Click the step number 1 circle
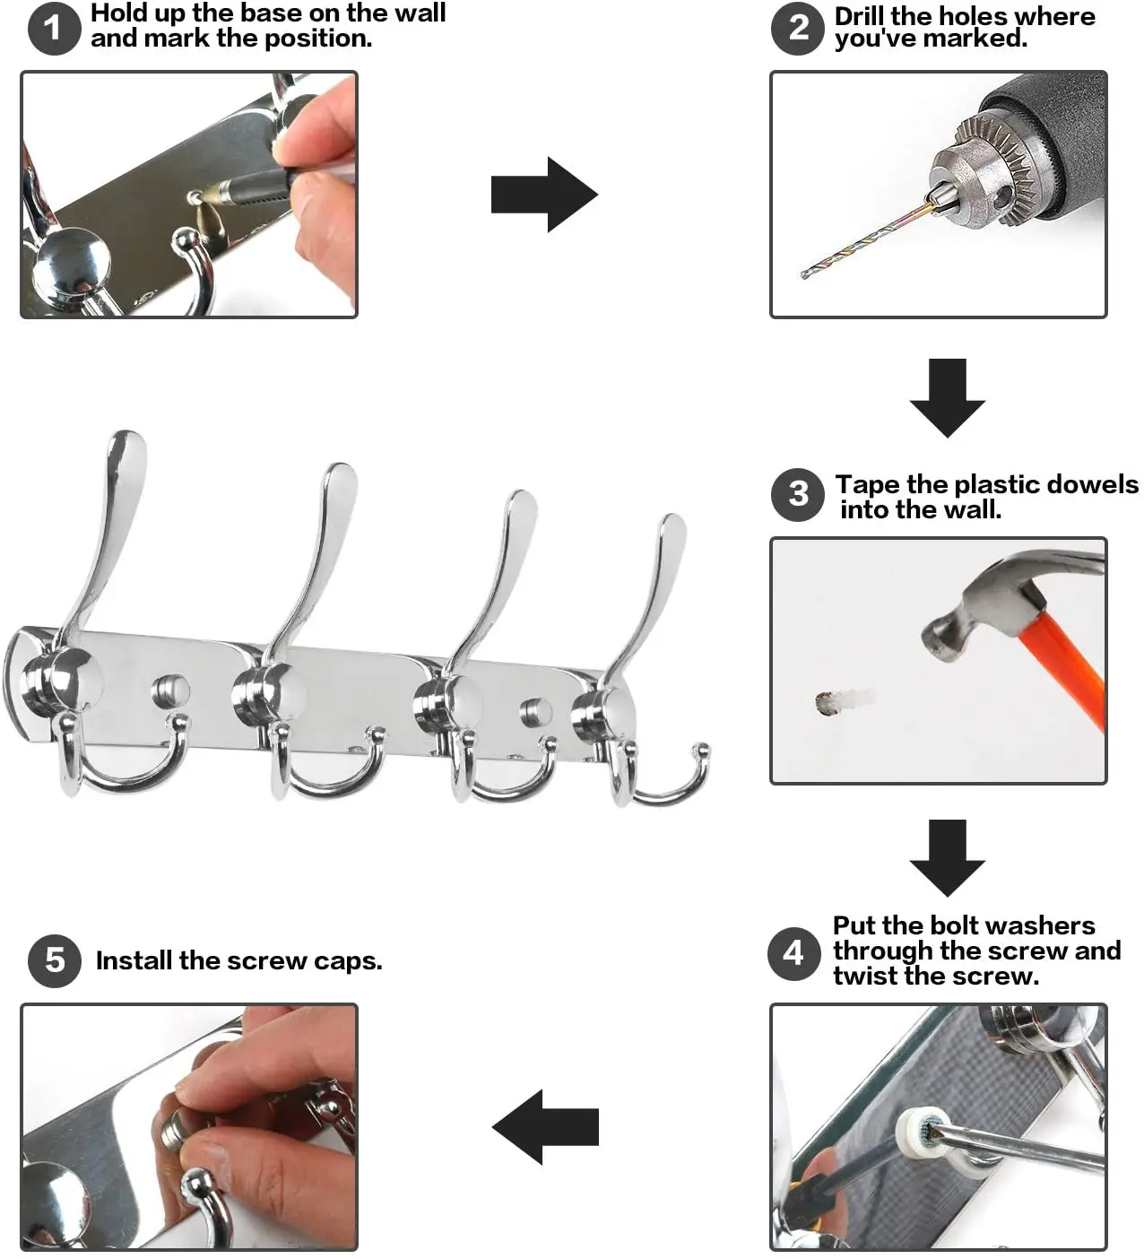click(x=55, y=28)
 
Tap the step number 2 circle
click(x=797, y=28)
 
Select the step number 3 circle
click(x=798, y=495)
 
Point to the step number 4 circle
click(x=793, y=954)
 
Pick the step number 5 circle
click(x=55, y=961)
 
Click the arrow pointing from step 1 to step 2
click(x=544, y=195)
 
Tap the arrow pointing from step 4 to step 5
click(x=545, y=1127)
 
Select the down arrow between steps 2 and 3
click(x=947, y=398)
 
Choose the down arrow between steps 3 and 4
click(x=947, y=858)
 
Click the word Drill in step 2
click(x=859, y=16)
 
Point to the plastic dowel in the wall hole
click(x=844, y=700)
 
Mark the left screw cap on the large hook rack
click(x=170, y=690)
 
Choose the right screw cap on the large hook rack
click(x=536, y=712)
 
